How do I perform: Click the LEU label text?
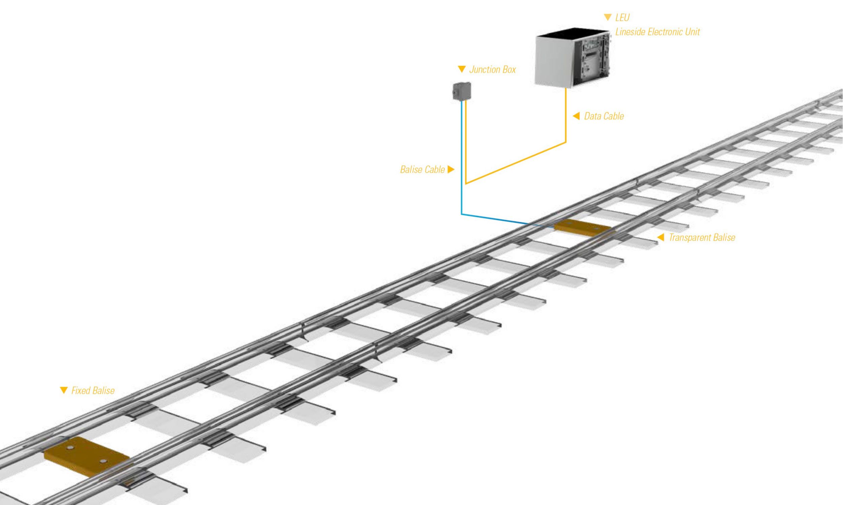[622, 18]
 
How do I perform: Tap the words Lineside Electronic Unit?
[657, 32]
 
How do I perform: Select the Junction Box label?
[492, 69]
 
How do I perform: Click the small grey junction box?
[462, 91]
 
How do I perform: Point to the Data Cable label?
[604, 116]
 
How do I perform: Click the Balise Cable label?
[422, 169]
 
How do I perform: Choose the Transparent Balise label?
[702, 238]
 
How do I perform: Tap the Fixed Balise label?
[93, 390]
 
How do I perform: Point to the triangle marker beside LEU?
[608, 18]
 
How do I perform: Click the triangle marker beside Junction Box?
[462, 69]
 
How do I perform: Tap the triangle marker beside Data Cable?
[576, 116]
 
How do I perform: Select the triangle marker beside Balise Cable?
[451, 169]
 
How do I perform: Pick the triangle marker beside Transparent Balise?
[661, 238]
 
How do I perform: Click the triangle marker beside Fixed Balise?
[64, 390]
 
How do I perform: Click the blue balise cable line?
[461, 170]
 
